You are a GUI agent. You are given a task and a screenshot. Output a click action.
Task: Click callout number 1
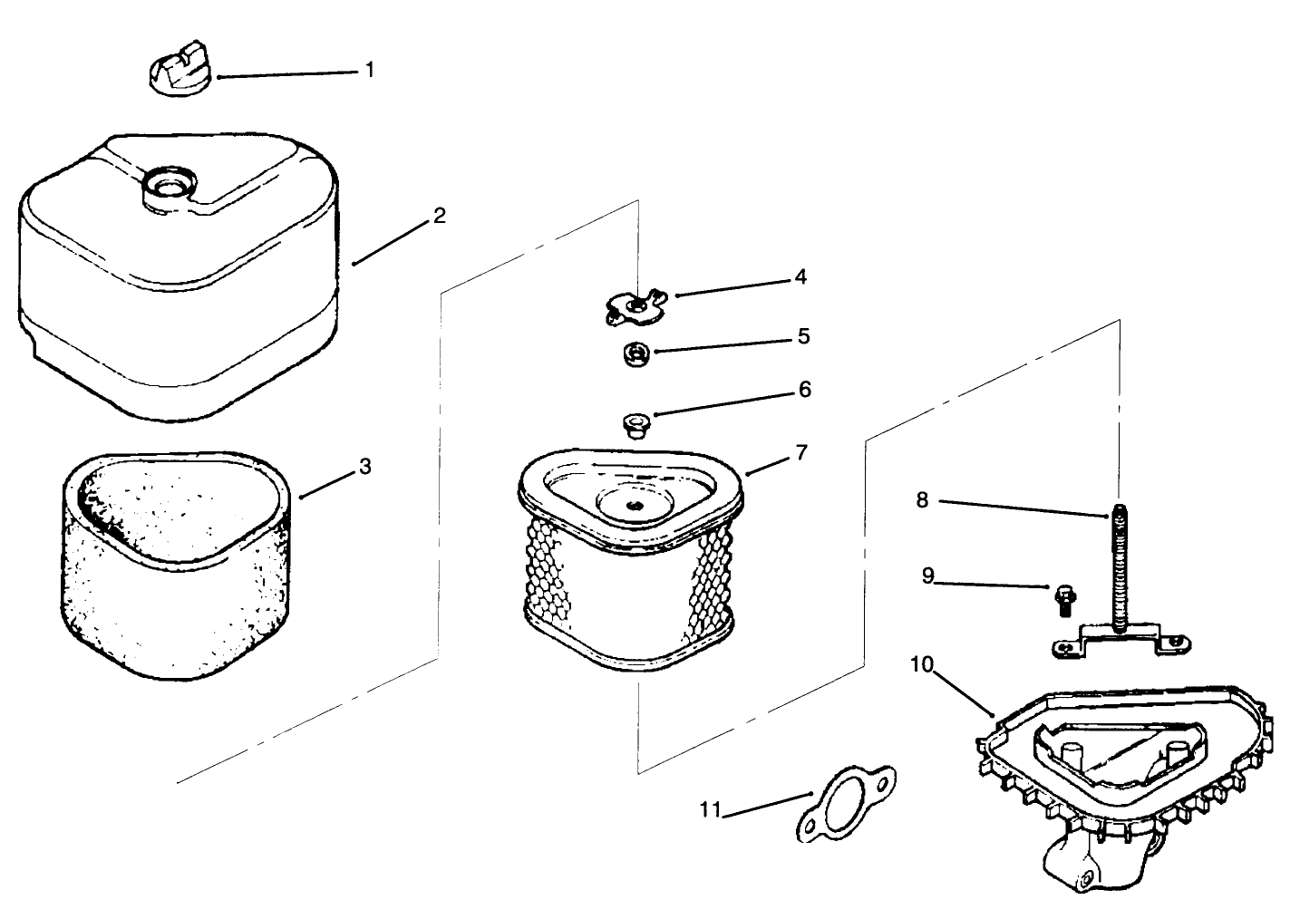click(x=369, y=70)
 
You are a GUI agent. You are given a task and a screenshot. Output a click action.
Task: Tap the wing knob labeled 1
click(x=180, y=67)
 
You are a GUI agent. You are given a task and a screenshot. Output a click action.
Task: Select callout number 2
click(x=439, y=216)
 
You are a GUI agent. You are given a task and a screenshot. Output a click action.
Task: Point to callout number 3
click(x=364, y=467)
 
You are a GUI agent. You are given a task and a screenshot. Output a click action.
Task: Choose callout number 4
click(x=800, y=277)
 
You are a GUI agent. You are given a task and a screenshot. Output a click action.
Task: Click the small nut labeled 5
click(x=635, y=353)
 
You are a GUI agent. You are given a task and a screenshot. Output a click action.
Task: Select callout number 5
click(x=803, y=337)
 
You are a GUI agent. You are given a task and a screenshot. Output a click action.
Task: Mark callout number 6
click(x=803, y=390)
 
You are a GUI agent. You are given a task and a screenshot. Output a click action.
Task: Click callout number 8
click(x=922, y=499)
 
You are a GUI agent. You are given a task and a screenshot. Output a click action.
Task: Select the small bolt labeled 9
click(x=1061, y=599)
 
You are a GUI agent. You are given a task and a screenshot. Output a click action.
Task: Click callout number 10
click(x=921, y=665)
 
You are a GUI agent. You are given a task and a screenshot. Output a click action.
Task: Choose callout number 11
click(x=710, y=809)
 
